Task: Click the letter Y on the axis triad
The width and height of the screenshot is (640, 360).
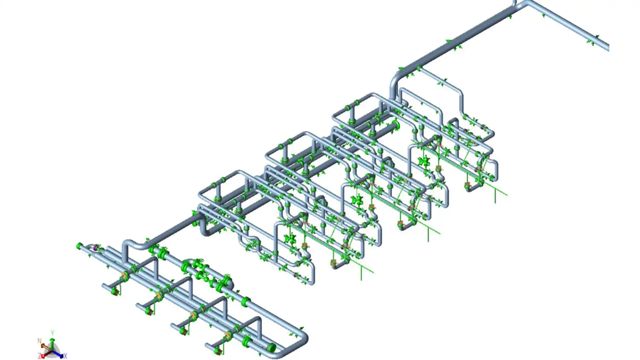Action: [x=52, y=333]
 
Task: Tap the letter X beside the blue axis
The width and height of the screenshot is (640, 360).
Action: [x=65, y=356]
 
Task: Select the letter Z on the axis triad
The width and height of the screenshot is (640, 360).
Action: [x=39, y=356]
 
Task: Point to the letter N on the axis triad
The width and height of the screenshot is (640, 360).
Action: [x=39, y=341]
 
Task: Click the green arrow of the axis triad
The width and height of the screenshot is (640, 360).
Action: [x=52, y=344]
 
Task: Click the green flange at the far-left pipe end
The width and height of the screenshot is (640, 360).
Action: [x=79, y=246]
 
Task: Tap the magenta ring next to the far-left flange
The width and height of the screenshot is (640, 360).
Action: [x=96, y=247]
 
